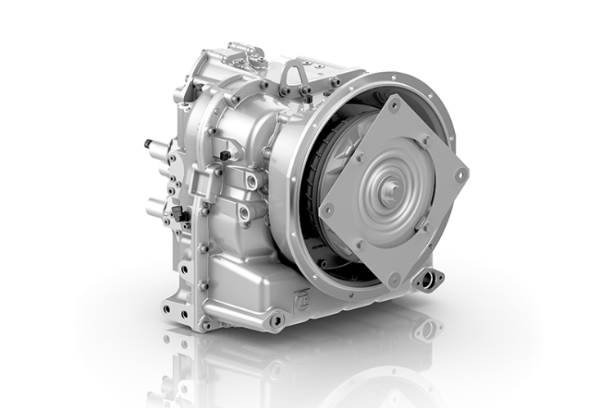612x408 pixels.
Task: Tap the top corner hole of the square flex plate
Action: point(395,105)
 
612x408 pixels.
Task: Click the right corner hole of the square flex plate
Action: point(461,174)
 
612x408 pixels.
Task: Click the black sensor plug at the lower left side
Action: point(178,215)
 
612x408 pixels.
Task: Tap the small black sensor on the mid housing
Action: point(223,155)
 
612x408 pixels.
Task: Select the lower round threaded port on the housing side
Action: point(244,213)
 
